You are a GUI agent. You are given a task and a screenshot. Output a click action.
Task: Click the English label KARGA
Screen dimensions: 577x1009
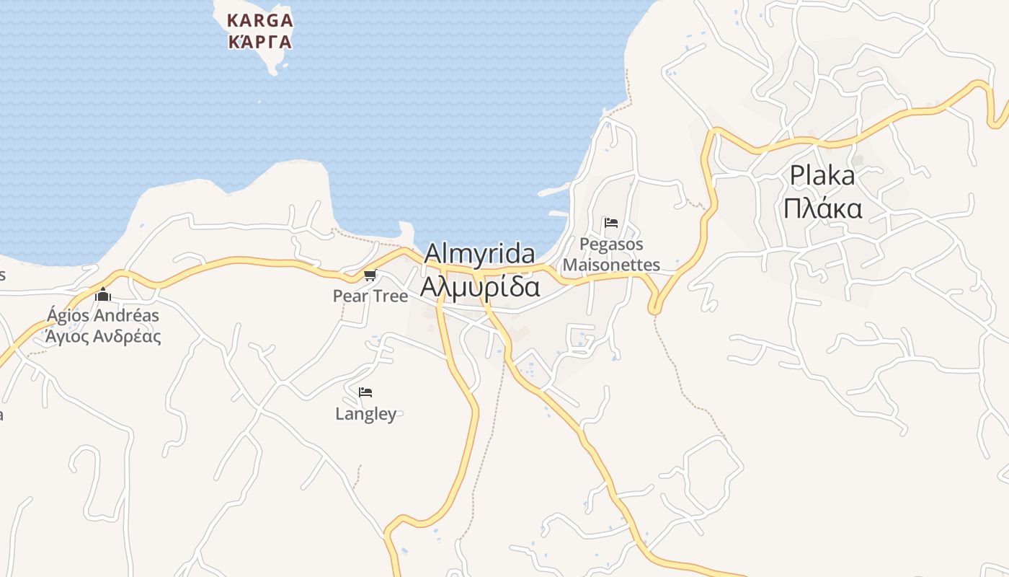coord(260,20)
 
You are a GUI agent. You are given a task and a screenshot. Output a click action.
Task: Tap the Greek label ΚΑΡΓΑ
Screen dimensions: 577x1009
coord(260,42)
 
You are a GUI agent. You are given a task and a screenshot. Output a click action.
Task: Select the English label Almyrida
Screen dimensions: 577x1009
coord(479,254)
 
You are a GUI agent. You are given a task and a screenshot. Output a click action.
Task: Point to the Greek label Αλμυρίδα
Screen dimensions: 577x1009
coord(480,286)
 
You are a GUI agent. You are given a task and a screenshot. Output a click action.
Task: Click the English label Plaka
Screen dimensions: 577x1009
coord(822,175)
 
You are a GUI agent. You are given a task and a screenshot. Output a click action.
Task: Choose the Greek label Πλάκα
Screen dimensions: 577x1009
coord(822,208)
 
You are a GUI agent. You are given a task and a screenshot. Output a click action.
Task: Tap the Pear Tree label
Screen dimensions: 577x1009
coord(370,296)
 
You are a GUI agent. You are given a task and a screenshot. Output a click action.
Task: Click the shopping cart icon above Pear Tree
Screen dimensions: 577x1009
coord(370,275)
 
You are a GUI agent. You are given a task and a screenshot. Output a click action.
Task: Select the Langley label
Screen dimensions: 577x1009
coord(366,413)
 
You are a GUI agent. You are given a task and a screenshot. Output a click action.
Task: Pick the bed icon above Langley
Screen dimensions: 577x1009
coord(365,392)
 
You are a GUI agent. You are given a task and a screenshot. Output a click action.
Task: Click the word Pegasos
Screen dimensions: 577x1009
coord(611,245)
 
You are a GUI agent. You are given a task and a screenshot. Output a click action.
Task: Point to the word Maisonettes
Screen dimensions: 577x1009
coord(611,265)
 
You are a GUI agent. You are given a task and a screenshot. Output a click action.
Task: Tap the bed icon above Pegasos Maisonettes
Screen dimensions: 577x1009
coord(611,223)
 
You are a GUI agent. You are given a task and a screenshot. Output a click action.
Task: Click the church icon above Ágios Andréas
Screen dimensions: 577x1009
coord(103,294)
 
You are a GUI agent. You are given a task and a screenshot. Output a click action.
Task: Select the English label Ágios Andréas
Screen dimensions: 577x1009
coord(103,315)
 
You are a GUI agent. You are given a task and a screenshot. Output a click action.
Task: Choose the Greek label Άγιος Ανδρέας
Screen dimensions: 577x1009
coord(103,336)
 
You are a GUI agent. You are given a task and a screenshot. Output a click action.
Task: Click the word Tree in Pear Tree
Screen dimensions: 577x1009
coord(390,296)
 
